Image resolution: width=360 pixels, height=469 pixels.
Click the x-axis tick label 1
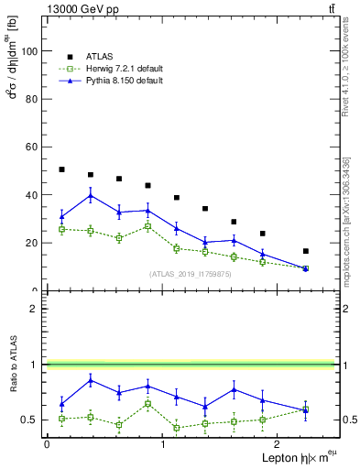[x=163, y=444]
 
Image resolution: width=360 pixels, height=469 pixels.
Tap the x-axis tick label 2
[x=278, y=444]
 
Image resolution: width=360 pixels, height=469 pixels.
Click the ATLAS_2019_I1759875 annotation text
[x=191, y=273]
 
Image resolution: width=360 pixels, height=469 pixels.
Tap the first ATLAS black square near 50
[x=61, y=169]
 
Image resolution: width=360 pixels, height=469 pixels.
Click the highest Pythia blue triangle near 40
[x=91, y=195]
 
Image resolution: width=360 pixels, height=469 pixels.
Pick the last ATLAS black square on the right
[x=306, y=251]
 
